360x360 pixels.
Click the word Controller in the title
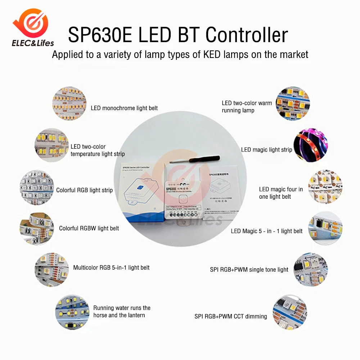[247, 35]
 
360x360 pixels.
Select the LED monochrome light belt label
[124, 108]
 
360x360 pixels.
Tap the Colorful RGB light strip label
[84, 190]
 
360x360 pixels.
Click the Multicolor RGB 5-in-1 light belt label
[111, 267]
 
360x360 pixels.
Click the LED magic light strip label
[266, 149]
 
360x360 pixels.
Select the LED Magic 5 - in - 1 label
[266, 231]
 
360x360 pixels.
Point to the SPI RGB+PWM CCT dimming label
[231, 316]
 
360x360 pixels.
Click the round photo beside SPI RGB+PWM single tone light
[309, 269]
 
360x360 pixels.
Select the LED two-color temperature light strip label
[98, 150]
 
